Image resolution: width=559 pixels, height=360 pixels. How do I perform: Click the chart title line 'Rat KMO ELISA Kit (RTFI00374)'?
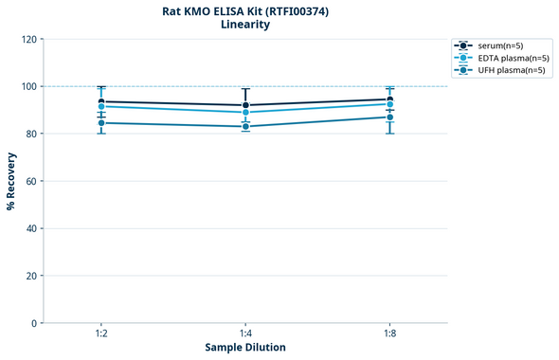tap(244, 10)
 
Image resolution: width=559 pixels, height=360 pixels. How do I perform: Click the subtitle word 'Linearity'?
tap(244, 25)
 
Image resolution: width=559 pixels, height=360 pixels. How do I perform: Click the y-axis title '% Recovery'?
tap(11, 181)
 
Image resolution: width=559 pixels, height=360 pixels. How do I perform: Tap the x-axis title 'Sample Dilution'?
tap(245, 348)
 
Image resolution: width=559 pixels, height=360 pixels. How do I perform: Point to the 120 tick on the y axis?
tap(27, 39)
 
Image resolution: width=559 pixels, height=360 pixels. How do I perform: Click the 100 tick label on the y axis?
tap(27, 86)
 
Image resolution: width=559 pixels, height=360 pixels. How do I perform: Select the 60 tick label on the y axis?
tap(30, 181)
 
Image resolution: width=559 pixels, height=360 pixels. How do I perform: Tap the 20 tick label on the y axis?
tap(30, 276)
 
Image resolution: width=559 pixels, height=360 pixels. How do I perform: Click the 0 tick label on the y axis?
tap(33, 323)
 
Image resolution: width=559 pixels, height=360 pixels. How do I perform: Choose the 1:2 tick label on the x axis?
tap(101, 333)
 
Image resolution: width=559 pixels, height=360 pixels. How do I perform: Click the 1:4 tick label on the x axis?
tap(245, 333)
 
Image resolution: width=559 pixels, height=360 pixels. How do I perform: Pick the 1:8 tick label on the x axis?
tap(389, 333)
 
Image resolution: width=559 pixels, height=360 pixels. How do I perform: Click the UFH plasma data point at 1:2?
tap(101, 123)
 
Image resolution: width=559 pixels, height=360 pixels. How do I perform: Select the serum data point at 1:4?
tap(245, 105)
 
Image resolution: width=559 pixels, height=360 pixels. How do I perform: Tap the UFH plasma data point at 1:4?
tap(245, 127)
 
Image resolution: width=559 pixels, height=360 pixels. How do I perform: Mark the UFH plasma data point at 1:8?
tap(389, 117)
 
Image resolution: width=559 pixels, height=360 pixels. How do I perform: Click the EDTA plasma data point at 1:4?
tap(245, 113)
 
